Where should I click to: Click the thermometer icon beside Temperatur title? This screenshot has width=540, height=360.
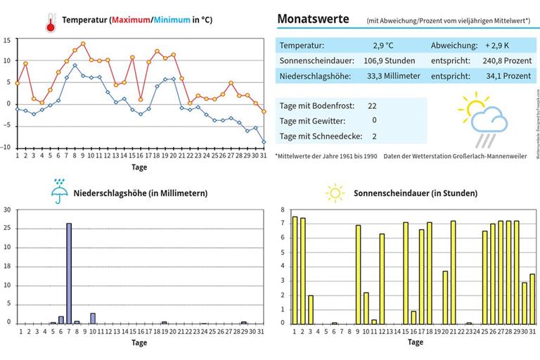(x=50, y=22)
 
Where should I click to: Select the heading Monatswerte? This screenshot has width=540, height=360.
(x=313, y=19)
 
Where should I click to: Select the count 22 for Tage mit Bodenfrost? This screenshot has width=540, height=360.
(x=373, y=105)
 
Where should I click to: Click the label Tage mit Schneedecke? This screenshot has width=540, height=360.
(x=317, y=136)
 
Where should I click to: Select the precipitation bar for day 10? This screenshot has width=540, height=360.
(x=93, y=318)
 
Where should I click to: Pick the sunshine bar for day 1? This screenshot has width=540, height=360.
(x=295, y=270)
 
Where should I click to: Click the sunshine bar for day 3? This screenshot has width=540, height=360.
(x=311, y=309)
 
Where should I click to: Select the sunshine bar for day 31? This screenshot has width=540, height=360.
(x=532, y=299)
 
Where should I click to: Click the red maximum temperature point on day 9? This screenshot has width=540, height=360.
(x=83, y=44)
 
